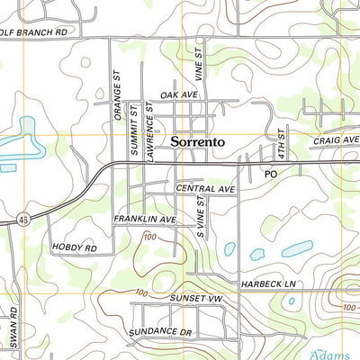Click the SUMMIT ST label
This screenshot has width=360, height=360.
tap(133, 130)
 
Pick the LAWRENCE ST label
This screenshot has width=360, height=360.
tap(150, 125)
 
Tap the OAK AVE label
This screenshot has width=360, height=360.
tap(177, 94)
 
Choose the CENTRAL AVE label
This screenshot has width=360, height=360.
tap(205, 190)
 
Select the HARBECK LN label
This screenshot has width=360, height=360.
tap(268, 284)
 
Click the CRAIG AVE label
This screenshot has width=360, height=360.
tap(335, 140)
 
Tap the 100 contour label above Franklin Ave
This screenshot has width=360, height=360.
tap(149, 237)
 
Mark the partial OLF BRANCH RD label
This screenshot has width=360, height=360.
tap(34, 31)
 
